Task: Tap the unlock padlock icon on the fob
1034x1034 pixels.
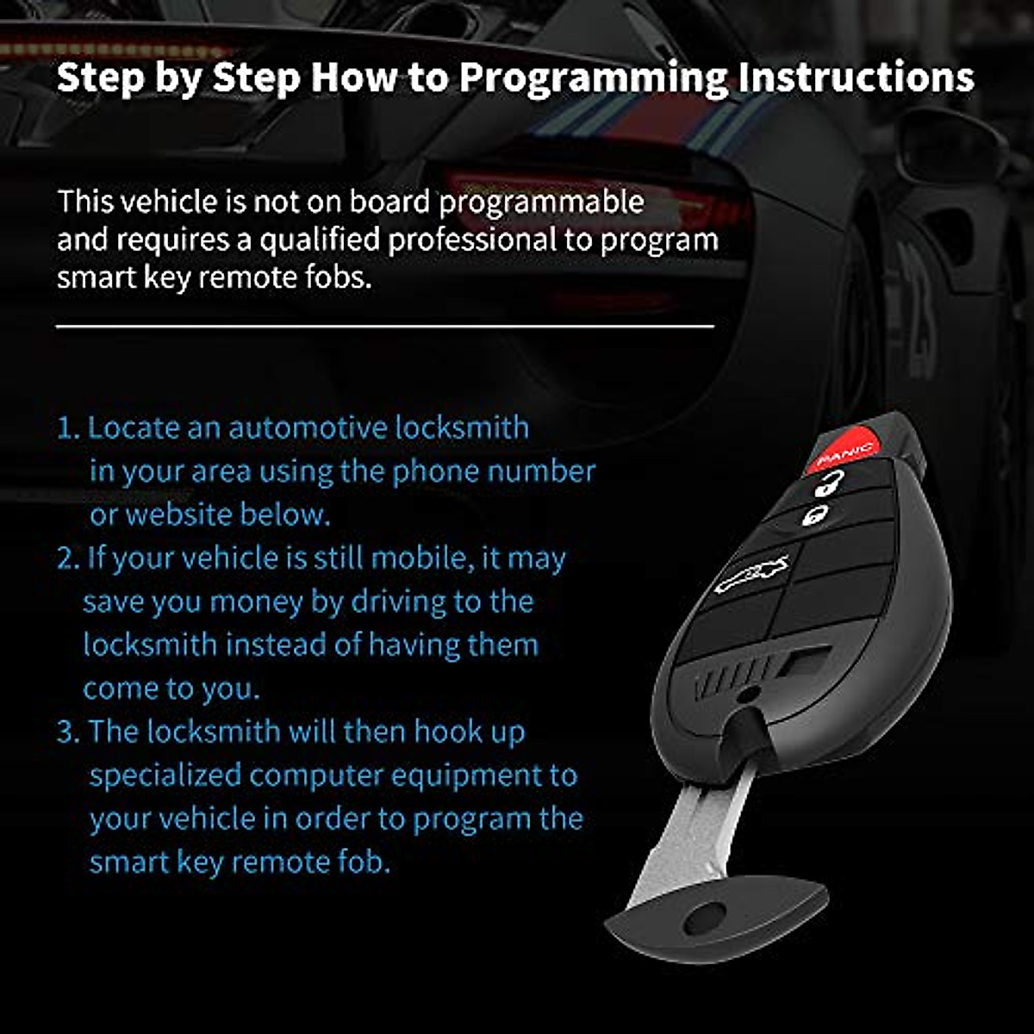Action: click(x=829, y=486)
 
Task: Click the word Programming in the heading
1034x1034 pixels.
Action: click(x=593, y=78)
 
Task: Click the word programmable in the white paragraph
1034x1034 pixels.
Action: click(x=541, y=202)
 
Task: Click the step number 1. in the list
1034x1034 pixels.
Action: click(x=68, y=428)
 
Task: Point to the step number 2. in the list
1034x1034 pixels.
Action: click(x=68, y=558)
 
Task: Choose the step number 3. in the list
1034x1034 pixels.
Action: click(x=68, y=732)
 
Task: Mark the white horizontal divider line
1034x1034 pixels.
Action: click(x=385, y=327)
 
